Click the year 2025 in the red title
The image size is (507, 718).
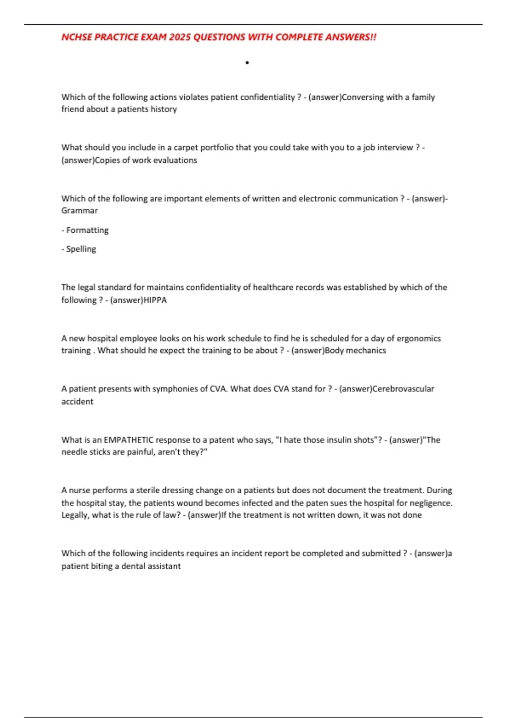[180, 37]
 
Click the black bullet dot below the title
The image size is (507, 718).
[247, 63]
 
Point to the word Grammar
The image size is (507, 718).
[79, 210]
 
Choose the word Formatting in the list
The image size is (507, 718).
[87, 230]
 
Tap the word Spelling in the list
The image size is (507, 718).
[81, 249]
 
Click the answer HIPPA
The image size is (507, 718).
[155, 300]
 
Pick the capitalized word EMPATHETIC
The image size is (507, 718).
[128, 440]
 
